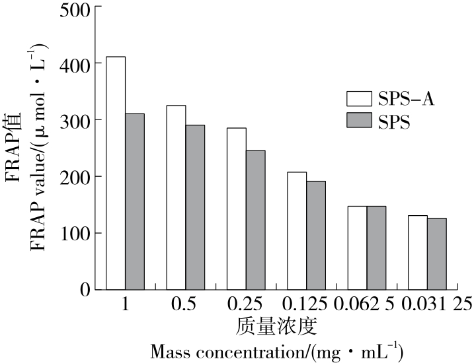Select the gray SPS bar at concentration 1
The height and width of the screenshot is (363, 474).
pos(135,201)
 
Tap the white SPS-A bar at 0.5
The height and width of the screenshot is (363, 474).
pos(176,197)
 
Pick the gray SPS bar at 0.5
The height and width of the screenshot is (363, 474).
pos(195,207)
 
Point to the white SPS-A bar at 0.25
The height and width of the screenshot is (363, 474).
pos(236,209)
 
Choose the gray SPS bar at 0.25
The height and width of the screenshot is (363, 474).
pos(255,220)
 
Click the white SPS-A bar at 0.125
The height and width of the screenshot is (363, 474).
pos(297,231)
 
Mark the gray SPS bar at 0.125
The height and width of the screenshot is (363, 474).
pos(316,236)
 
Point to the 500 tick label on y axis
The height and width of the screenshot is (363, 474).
pos(77,9)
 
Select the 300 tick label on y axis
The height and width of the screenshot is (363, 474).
pos(77,120)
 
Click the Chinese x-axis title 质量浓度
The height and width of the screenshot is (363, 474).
pos(277,325)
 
